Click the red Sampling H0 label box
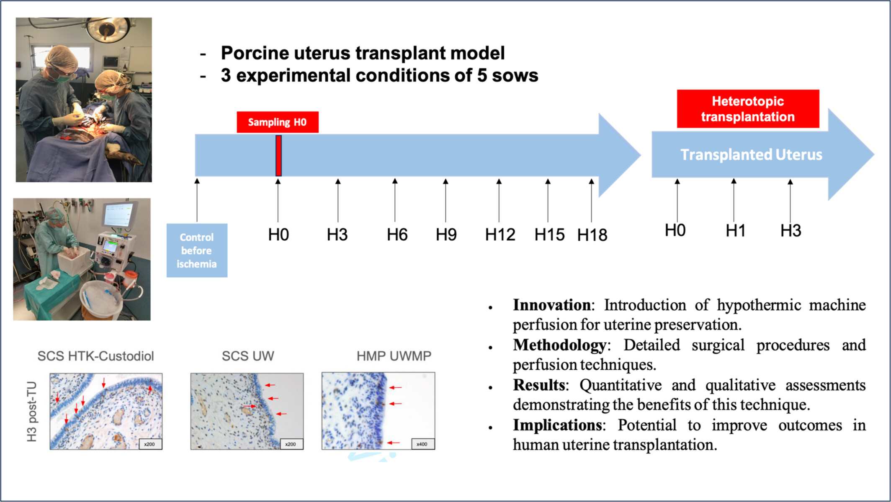click(278, 122)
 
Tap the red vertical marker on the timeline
click(278, 156)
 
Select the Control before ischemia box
click(197, 250)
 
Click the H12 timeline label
click(500, 234)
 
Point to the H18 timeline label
click(592, 235)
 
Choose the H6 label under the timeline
click(397, 234)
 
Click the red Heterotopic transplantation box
click(748, 109)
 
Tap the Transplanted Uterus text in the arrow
click(751, 154)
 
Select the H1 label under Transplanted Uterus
click(735, 230)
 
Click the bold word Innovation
click(552, 305)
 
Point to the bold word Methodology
click(559, 345)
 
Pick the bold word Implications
click(558, 425)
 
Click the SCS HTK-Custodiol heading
click(96, 356)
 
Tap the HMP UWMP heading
click(394, 356)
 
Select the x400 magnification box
click(422, 444)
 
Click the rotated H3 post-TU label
click(32, 412)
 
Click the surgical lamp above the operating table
click(107, 29)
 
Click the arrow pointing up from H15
click(548, 200)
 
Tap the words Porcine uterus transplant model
click(363, 53)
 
